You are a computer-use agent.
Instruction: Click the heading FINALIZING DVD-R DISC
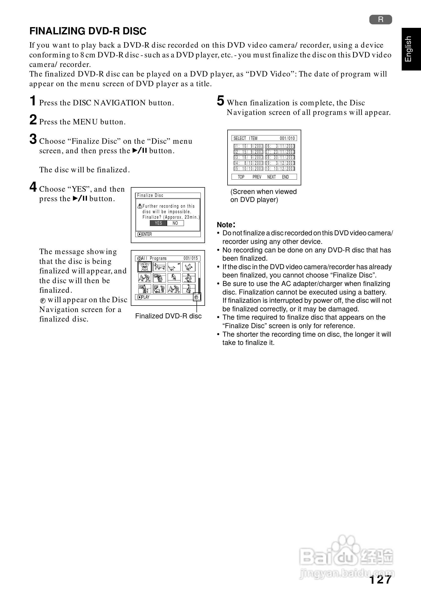88,31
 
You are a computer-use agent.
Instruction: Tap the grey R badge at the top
380,20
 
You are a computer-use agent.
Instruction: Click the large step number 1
33,101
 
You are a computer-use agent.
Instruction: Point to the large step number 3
33,139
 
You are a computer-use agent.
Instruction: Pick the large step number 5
221,101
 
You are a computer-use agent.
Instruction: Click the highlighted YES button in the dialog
158,223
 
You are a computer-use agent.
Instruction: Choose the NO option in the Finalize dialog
175,223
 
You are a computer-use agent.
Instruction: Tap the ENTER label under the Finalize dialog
145,234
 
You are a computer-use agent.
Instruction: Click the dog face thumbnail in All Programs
144,267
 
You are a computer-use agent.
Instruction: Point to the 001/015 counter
191,258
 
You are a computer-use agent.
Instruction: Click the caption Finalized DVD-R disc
168,316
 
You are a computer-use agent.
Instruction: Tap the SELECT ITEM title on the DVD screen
245,138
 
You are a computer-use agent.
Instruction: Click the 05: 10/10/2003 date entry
249,169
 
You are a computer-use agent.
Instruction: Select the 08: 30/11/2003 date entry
280,158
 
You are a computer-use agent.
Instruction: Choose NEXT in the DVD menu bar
271,177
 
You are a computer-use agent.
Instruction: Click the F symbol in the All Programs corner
197,297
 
